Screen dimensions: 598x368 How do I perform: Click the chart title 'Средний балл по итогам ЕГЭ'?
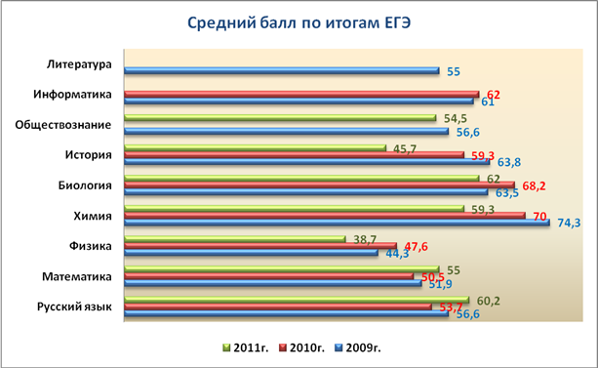(299, 23)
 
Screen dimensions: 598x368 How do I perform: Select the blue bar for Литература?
(282, 70)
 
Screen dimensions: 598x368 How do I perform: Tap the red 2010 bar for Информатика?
(301, 94)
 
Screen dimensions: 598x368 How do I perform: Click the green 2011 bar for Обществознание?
(280, 117)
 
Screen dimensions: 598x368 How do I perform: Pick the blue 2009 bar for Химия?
(338, 223)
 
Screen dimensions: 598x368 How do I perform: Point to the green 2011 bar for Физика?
(235, 239)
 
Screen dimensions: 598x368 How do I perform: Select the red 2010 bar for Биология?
(320, 185)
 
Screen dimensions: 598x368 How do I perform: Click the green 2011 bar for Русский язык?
(297, 300)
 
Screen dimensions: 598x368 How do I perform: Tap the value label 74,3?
(569, 223)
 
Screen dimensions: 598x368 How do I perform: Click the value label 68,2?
(534, 186)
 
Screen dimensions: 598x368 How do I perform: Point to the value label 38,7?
(365, 240)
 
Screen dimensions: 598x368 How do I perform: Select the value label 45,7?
(405, 149)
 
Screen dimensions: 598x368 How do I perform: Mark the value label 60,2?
(488, 302)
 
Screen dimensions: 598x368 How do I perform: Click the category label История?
(89, 155)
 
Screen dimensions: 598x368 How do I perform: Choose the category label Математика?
(77, 276)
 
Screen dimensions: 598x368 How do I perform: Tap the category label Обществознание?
(63, 125)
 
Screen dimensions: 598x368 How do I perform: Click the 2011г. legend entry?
(246, 348)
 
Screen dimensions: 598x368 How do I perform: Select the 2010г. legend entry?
(302, 348)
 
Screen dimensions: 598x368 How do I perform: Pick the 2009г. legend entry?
(358, 348)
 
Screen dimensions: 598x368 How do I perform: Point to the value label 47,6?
(417, 247)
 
